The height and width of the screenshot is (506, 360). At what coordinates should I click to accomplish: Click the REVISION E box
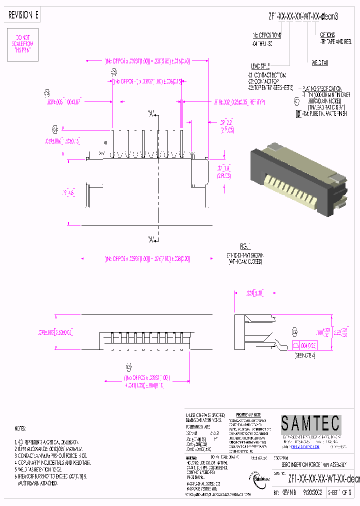(x=23, y=15)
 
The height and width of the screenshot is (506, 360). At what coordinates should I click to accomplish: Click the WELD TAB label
(x=319, y=63)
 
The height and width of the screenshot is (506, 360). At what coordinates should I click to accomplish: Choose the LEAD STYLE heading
(x=260, y=66)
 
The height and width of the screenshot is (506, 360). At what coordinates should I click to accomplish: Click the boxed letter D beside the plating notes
(x=299, y=113)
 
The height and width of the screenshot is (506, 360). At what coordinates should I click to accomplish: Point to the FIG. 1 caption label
(x=244, y=246)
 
